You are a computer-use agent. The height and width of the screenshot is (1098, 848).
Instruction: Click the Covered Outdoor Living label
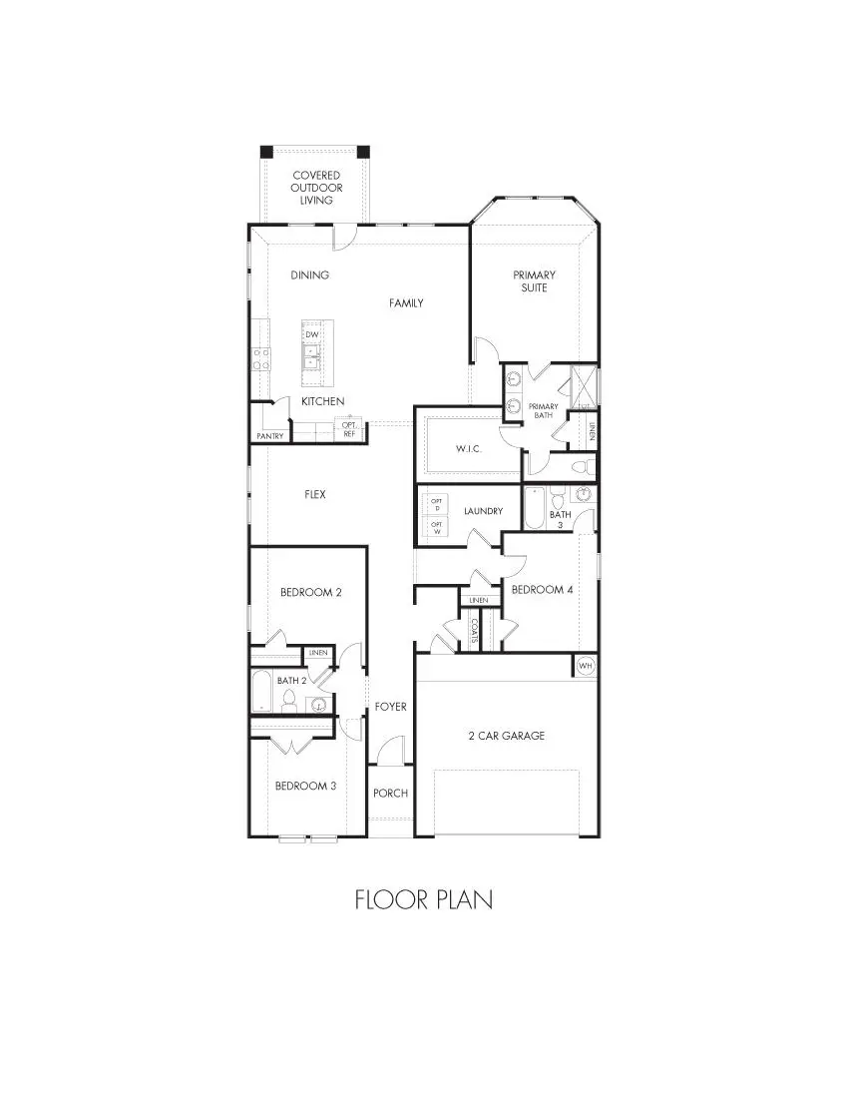pyautogui.click(x=316, y=188)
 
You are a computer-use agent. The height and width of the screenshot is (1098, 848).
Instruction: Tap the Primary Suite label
pyautogui.click(x=534, y=281)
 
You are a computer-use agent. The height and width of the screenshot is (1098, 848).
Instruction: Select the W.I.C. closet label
pyautogui.click(x=468, y=449)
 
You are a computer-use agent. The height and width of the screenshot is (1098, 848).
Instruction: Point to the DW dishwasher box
pyautogui.click(x=311, y=334)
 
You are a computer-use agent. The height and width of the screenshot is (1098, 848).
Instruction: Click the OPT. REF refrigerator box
pyautogui.click(x=350, y=430)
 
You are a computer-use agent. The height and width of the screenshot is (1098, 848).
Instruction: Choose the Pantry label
pyautogui.click(x=270, y=436)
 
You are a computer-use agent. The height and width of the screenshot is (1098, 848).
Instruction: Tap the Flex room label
pyautogui.click(x=315, y=494)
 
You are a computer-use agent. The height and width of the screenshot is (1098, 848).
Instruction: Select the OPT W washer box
pyautogui.click(x=437, y=527)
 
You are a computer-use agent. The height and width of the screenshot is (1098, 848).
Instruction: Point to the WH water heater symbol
pyautogui.click(x=586, y=666)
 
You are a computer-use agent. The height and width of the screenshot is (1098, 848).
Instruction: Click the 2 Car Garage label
pyautogui.click(x=507, y=736)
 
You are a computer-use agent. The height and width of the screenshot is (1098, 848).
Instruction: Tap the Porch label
pyautogui.click(x=390, y=794)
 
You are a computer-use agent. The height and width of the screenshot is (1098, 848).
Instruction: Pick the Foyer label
pyautogui.click(x=390, y=707)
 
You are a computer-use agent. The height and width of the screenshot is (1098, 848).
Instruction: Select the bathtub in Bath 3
pyautogui.click(x=534, y=509)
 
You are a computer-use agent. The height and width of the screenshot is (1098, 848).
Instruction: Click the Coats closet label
pyautogui.click(x=474, y=631)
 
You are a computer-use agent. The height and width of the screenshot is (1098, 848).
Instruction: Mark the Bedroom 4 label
pyautogui.click(x=542, y=590)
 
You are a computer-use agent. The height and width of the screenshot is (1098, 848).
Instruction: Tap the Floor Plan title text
pyautogui.click(x=423, y=899)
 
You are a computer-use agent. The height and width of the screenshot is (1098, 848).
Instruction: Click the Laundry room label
pyautogui.click(x=483, y=511)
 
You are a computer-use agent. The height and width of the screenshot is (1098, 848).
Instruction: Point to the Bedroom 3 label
pyautogui.click(x=305, y=786)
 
